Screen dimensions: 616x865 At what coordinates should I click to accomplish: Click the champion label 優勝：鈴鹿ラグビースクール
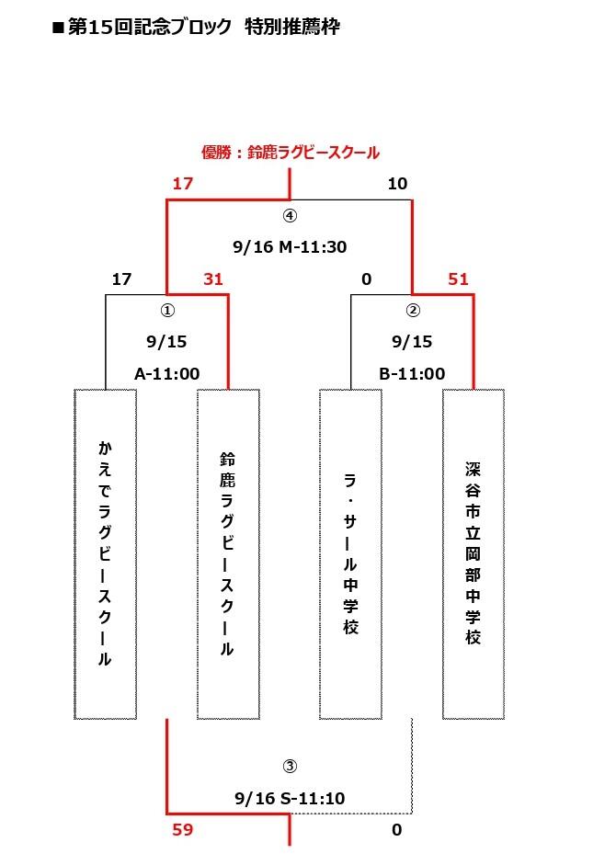(x=291, y=153)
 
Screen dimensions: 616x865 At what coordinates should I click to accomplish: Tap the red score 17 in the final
(x=183, y=184)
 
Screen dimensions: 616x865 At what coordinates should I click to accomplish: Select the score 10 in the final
(x=397, y=184)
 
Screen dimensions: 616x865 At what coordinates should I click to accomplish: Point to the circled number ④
(x=290, y=216)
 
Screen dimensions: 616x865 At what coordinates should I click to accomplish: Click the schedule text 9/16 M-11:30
(x=290, y=246)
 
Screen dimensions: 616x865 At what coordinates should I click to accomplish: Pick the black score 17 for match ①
(x=121, y=279)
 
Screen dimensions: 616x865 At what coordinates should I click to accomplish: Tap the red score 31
(x=213, y=279)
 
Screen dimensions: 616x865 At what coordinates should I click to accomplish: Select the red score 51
(x=458, y=279)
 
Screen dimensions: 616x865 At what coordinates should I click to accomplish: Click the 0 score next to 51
(x=367, y=279)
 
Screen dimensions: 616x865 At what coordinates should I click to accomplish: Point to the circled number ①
(x=167, y=311)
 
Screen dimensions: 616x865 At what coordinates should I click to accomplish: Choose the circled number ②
(x=412, y=311)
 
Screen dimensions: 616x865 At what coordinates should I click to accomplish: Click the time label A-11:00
(x=166, y=373)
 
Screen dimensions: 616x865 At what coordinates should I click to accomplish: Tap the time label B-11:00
(x=412, y=373)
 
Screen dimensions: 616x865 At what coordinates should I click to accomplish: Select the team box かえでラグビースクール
(x=106, y=554)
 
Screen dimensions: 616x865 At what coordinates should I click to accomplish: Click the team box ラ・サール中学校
(x=350, y=554)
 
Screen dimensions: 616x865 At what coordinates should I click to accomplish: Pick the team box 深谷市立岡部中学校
(x=473, y=554)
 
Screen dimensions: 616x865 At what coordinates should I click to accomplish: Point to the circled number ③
(x=290, y=767)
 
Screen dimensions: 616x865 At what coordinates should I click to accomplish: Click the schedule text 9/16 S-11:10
(x=290, y=798)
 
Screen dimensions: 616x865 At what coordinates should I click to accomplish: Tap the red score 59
(x=183, y=830)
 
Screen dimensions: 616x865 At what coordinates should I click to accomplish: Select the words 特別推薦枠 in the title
(x=292, y=27)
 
